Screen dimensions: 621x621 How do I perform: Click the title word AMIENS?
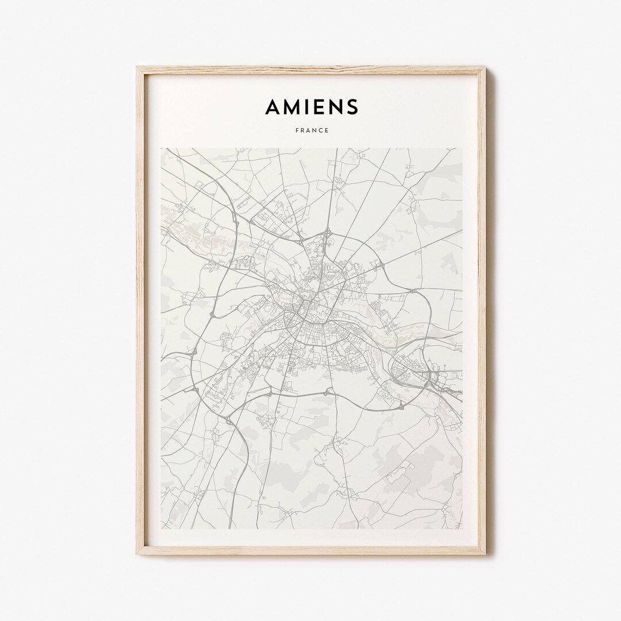click(x=312, y=106)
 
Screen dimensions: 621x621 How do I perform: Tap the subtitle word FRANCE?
click(x=312, y=131)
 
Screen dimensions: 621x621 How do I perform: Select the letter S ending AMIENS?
click(x=352, y=106)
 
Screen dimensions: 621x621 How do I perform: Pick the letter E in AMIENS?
click(x=319, y=106)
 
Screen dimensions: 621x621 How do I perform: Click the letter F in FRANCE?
click(x=297, y=131)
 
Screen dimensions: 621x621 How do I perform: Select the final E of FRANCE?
click(x=327, y=131)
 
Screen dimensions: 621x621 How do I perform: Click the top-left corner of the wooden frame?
click(x=137, y=67)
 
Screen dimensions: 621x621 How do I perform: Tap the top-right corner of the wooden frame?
click(x=485, y=67)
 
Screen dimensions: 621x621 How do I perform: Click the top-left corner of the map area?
click(x=161, y=148)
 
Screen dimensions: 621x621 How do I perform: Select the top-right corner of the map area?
click(x=462, y=148)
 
